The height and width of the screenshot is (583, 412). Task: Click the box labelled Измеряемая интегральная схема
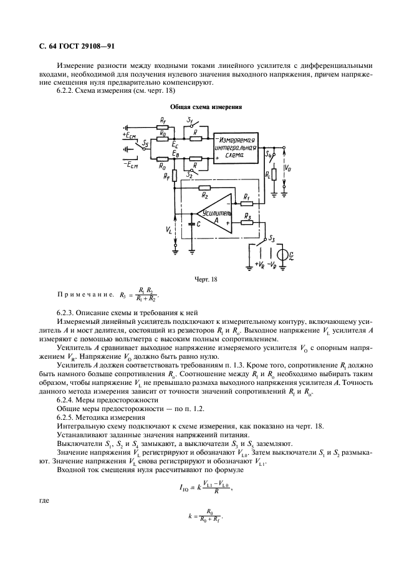tap(237, 148)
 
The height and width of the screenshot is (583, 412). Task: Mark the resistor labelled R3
tap(246, 222)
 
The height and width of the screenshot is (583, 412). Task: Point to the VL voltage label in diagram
tap(170, 229)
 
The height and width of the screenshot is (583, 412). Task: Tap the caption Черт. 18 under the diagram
tap(205, 280)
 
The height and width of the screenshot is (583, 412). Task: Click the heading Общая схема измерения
tap(205, 107)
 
